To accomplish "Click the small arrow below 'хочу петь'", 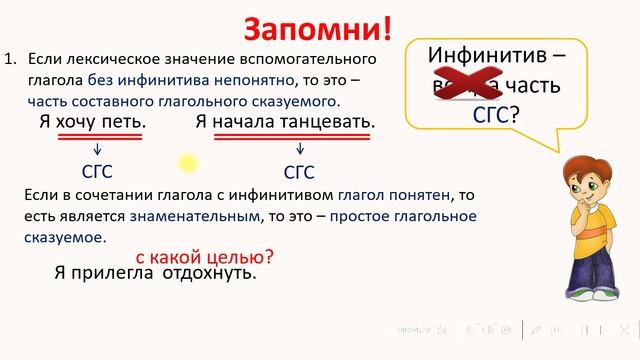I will pyautogui.click(x=97, y=149).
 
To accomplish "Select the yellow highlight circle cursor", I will pyautogui.click(x=188, y=162).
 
